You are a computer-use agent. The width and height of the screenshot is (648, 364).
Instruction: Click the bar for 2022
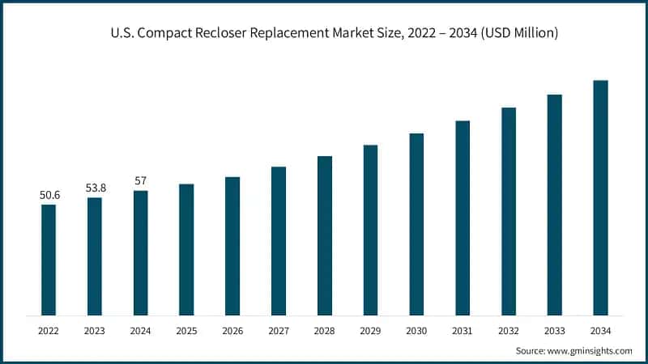pos(49,260)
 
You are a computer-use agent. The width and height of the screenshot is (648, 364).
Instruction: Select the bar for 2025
pos(186,249)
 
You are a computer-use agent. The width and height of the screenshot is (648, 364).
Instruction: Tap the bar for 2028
pos(325,235)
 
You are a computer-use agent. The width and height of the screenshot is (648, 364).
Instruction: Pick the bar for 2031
pos(463,218)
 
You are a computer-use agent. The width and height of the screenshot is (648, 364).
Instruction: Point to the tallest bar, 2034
pos(600,197)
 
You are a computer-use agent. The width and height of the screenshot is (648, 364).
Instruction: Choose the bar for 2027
pos(279,240)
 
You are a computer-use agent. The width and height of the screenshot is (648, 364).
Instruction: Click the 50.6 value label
pos(49,195)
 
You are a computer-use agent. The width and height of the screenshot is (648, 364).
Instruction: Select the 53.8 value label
pos(95,188)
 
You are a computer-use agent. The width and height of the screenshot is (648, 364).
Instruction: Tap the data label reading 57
pos(140,180)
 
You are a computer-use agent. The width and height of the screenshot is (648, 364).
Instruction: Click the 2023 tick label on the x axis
pos(95,331)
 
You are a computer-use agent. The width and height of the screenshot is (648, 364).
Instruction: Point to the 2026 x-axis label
pos(232,331)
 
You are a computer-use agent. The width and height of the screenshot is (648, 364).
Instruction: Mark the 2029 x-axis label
pos(370,331)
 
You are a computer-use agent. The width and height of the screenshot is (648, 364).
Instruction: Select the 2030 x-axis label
pos(416,331)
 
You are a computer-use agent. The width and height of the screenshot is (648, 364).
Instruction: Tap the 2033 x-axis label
pos(554,331)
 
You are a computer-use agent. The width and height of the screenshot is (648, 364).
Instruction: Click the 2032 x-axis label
pos(509,331)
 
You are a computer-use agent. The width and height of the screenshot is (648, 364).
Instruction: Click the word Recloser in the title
pos(231,33)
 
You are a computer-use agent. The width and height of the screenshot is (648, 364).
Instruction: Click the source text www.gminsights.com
pos(590,351)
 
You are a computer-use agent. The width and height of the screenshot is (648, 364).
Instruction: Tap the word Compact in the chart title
pos(171,33)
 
